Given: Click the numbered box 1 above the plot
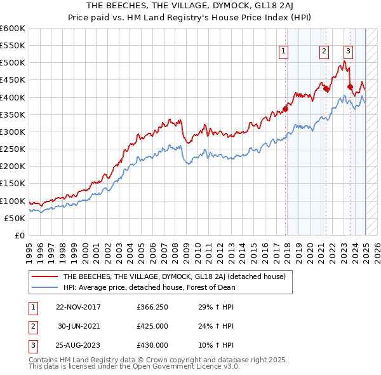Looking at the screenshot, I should [283, 52].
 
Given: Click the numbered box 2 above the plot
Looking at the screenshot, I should [324, 52].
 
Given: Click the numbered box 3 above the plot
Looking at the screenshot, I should [349, 52].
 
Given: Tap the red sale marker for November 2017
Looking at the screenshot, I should [286, 109].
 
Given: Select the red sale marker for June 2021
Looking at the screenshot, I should [326, 89].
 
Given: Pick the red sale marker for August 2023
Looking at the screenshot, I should [351, 87].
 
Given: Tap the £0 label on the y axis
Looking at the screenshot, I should [20, 235].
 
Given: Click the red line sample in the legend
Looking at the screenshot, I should [44, 277].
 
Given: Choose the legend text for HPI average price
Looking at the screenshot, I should [149, 287].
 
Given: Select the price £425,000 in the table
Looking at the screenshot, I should [152, 327].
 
